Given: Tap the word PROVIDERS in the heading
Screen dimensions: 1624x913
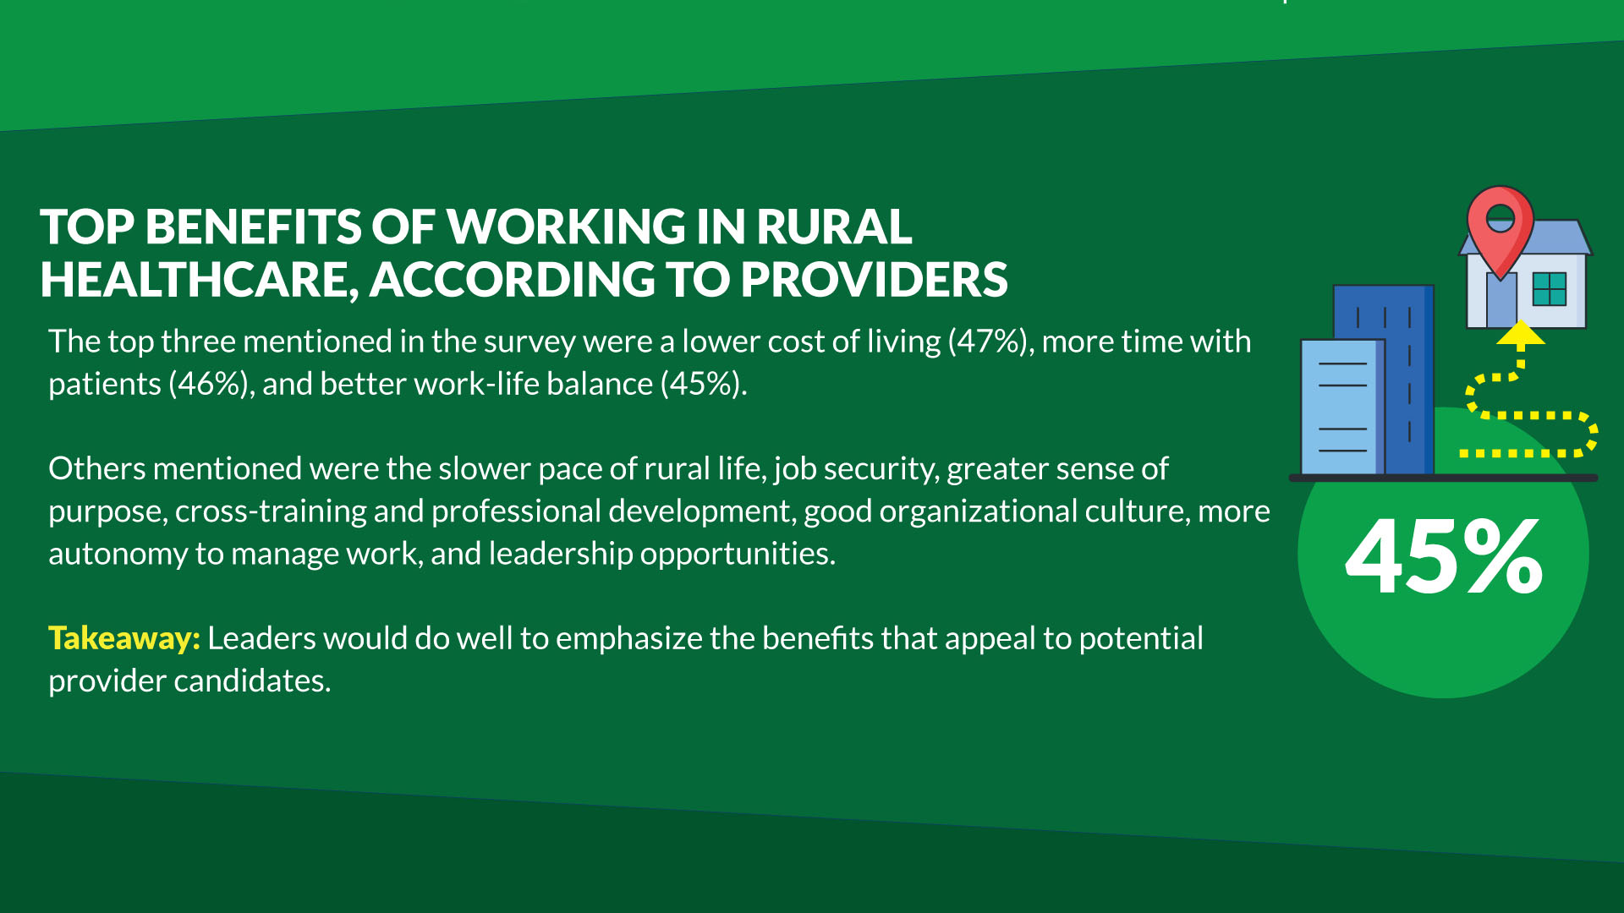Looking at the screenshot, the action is [875, 280].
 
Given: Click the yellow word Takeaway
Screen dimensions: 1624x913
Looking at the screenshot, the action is [123, 638].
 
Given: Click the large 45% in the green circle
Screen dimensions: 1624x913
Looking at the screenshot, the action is [1444, 556].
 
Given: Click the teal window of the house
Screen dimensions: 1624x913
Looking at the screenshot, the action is [1550, 289].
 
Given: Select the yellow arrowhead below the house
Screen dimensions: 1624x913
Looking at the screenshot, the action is [1521, 333].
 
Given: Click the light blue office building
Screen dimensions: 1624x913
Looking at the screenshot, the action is [1342, 407].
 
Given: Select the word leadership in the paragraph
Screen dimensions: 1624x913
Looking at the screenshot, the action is [561, 554].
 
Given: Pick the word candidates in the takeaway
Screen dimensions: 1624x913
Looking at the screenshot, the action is [252, 681].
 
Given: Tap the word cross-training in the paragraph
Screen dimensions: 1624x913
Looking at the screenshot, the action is [271, 511].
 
